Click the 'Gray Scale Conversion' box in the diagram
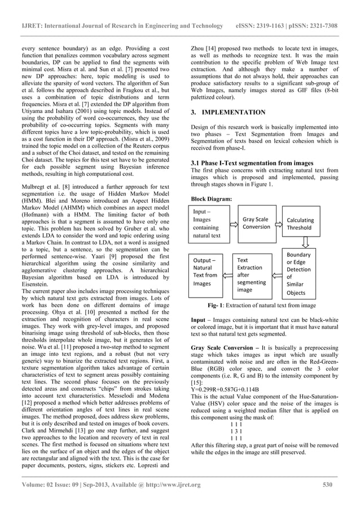tap(257, 223)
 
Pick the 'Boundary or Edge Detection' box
tap(303, 273)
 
